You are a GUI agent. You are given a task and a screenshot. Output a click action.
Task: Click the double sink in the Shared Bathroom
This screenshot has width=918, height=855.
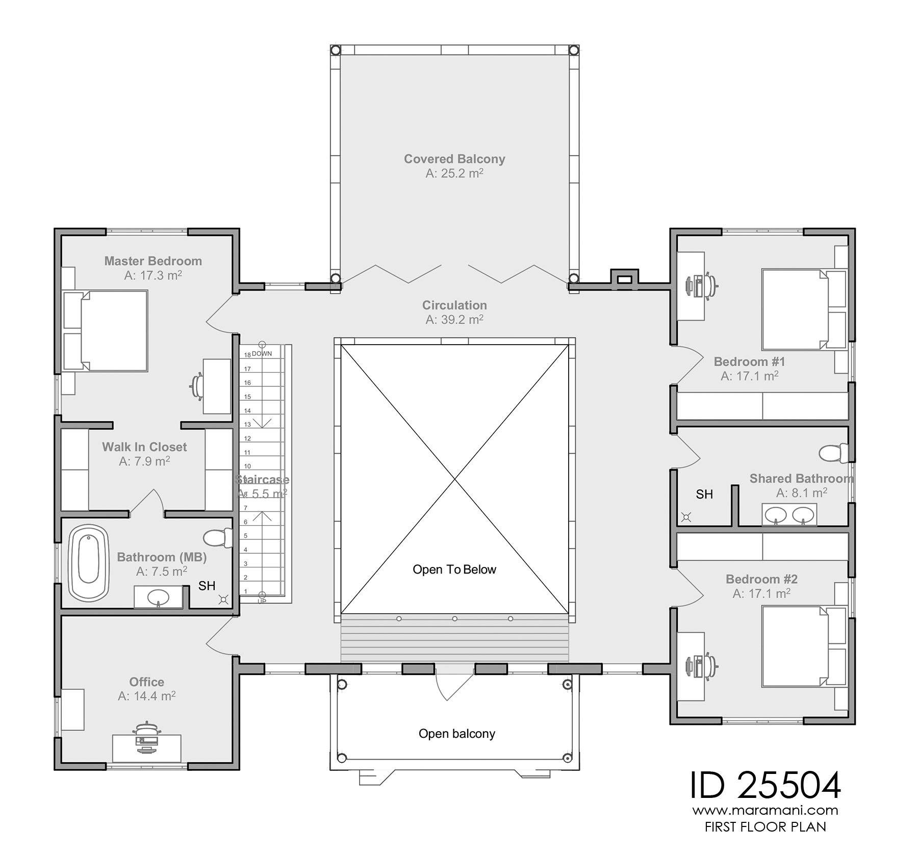click(789, 514)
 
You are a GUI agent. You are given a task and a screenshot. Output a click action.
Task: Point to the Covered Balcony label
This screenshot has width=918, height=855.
click(454, 159)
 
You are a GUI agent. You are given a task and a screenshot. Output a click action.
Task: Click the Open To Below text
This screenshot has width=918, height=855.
click(454, 569)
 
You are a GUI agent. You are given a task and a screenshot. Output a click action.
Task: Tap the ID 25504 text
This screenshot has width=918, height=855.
click(765, 786)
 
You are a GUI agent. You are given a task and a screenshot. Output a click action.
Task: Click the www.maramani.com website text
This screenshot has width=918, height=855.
click(765, 810)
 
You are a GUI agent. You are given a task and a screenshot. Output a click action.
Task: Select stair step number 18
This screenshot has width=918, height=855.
click(247, 355)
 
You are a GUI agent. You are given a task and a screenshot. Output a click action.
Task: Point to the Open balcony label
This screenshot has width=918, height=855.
click(456, 734)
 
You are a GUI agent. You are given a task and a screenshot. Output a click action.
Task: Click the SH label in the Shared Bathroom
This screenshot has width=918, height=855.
click(704, 494)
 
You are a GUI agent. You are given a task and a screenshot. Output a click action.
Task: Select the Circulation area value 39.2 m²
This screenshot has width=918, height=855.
click(454, 320)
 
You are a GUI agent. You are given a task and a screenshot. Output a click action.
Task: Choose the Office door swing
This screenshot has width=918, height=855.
click(220, 635)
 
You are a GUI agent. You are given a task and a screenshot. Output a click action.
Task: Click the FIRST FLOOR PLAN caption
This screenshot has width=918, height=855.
click(765, 827)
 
